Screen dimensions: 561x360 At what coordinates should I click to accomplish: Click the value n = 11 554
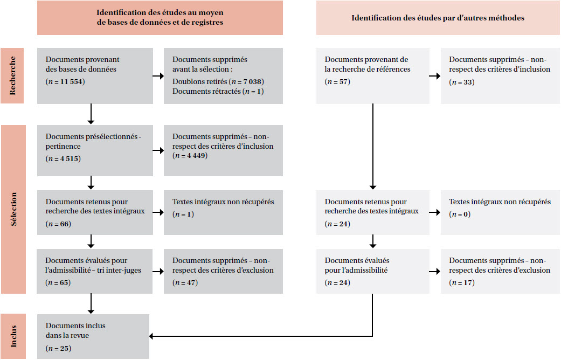click(65, 81)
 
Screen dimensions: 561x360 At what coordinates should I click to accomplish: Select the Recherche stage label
click(12, 75)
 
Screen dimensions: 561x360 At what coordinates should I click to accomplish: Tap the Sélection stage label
click(13, 209)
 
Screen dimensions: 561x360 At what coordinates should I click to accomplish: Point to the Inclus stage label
click(13, 336)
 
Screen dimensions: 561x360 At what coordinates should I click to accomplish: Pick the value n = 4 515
click(64, 158)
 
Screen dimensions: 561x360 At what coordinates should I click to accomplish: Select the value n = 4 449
click(190, 155)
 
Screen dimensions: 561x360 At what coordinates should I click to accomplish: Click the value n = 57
click(337, 81)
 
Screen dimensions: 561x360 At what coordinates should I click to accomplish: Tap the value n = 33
click(462, 82)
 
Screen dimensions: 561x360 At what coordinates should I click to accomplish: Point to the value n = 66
click(58, 224)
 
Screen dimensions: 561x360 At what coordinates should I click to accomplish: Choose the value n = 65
click(58, 282)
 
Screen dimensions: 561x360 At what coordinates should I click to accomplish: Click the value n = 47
click(185, 282)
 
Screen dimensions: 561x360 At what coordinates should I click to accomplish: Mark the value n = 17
click(462, 282)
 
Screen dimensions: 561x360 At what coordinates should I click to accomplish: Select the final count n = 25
click(58, 348)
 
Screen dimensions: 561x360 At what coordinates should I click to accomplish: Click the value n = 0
click(460, 214)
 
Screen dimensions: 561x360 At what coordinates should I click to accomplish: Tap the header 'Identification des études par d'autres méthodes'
click(438, 18)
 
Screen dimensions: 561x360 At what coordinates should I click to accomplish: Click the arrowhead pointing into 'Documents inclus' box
click(151, 336)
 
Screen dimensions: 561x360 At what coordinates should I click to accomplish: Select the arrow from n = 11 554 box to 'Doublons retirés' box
click(158, 76)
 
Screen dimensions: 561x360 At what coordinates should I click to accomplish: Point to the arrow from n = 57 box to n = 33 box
click(435, 76)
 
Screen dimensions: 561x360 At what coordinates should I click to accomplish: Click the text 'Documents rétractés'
click(206, 91)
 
